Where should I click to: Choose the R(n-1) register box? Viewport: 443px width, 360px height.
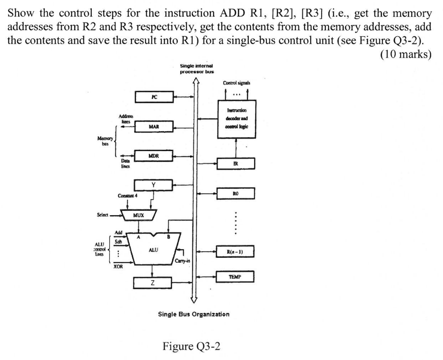point(235,251)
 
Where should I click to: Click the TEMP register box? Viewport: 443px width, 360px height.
point(235,276)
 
